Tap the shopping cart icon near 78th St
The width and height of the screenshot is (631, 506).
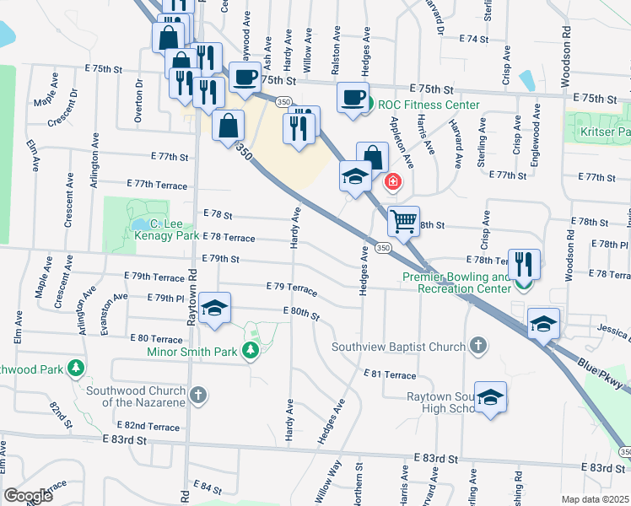[x=403, y=221]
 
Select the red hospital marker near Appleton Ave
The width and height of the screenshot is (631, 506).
[x=392, y=180]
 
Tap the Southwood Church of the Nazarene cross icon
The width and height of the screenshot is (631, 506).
[x=197, y=395]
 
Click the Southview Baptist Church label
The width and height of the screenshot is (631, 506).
[x=398, y=347]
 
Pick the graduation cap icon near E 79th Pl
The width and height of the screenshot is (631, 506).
[x=215, y=309]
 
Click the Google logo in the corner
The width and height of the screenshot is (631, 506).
[x=28, y=496]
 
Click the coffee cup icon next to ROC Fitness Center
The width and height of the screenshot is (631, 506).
[x=353, y=96]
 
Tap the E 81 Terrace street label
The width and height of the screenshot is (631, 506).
[x=390, y=374]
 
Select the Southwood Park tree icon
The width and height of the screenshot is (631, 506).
[x=76, y=369]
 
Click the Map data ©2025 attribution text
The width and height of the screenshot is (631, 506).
[x=595, y=499]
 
